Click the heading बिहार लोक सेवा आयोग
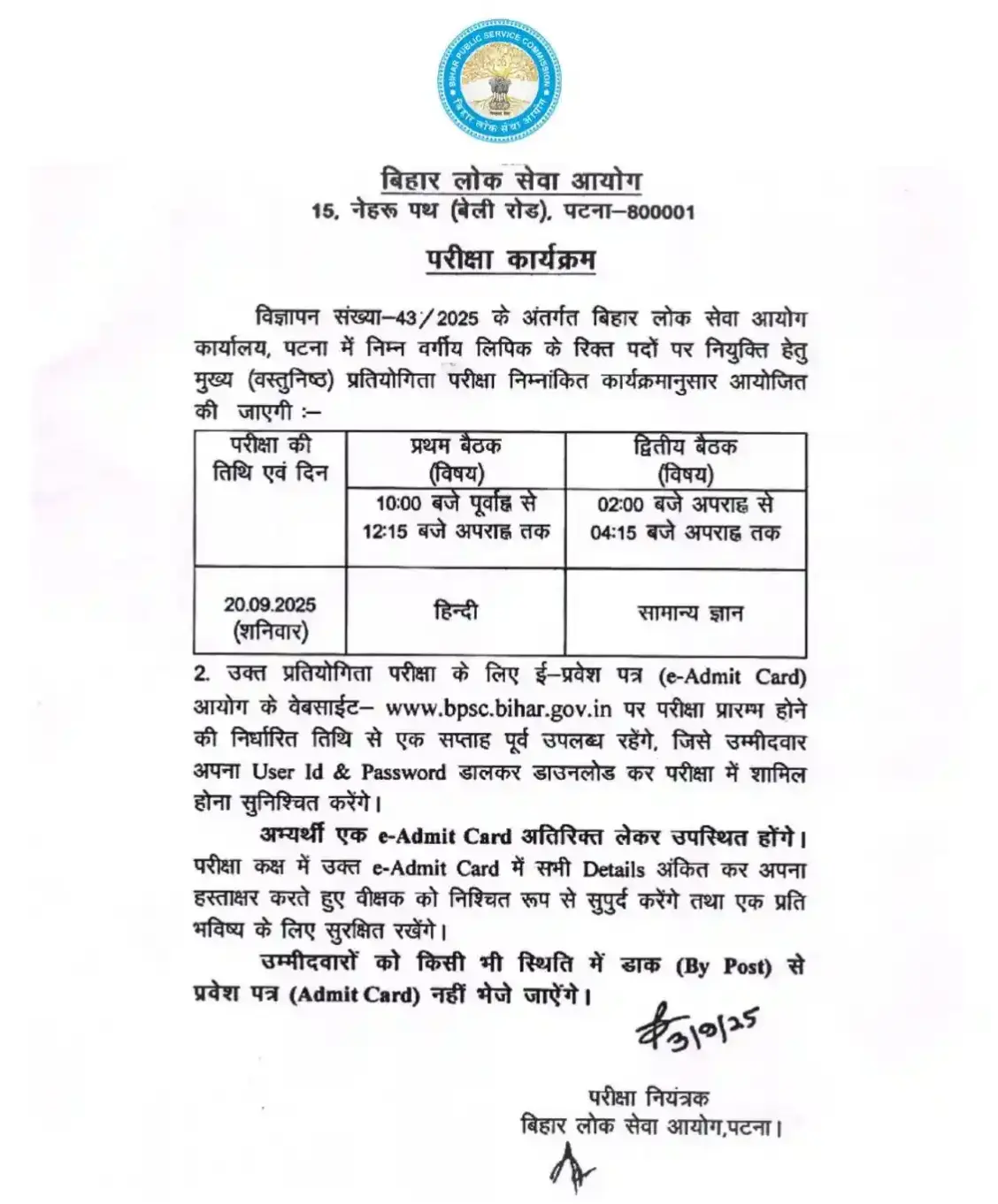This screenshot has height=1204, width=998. point(511,181)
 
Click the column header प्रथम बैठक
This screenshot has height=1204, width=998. point(456,446)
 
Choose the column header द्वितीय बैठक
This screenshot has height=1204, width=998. point(685,446)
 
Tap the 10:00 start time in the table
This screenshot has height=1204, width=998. point(395,505)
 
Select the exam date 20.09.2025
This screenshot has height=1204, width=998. point(270,606)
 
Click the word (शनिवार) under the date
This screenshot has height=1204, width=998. point(270,632)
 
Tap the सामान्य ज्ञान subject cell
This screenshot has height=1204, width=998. point(690,613)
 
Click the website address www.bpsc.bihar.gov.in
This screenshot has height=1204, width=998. point(500,708)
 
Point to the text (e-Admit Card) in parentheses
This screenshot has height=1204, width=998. point(733,676)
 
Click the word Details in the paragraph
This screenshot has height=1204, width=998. point(613,869)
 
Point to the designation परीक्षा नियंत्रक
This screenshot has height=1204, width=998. point(649,1098)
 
